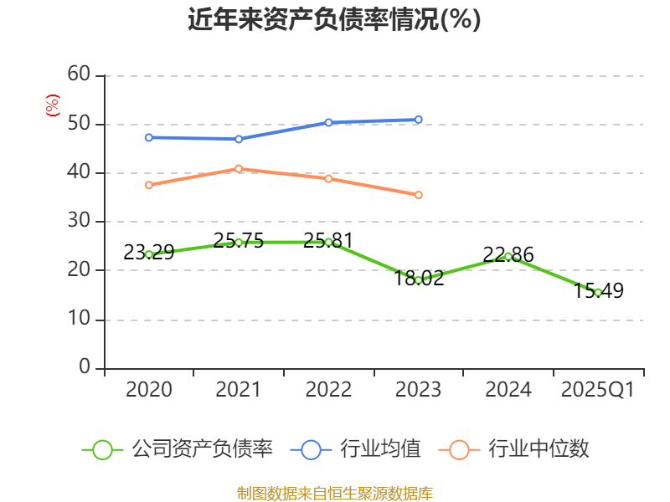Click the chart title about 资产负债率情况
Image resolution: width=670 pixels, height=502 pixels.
(x=334, y=20)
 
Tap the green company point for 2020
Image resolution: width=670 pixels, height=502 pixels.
(x=149, y=254)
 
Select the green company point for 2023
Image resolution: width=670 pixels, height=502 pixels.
(x=418, y=280)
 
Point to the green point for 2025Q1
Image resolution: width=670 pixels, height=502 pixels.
(x=598, y=292)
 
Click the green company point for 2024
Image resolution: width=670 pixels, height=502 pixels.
(x=508, y=256)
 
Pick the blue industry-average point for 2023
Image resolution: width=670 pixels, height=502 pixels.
(x=418, y=120)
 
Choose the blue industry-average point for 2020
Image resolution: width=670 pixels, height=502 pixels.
(x=149, y=137)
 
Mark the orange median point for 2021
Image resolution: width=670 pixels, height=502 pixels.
(x=239, y=168)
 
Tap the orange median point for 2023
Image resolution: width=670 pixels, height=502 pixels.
(x=418, y=195)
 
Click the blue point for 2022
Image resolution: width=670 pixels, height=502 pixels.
(x=328, y=122)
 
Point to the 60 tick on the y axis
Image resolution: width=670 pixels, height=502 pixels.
(x=79, y=74)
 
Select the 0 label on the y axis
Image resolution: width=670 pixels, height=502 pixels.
(x=85, y=367)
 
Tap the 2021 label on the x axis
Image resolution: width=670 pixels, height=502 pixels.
(x=239, y=390)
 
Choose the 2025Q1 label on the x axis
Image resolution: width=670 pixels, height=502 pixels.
(x=598, y=390)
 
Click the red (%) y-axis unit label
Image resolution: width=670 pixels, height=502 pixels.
(x=52, y=105)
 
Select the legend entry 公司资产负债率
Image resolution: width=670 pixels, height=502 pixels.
(x=178, y=449)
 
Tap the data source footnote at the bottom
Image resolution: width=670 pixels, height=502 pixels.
(x=334, y=494)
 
